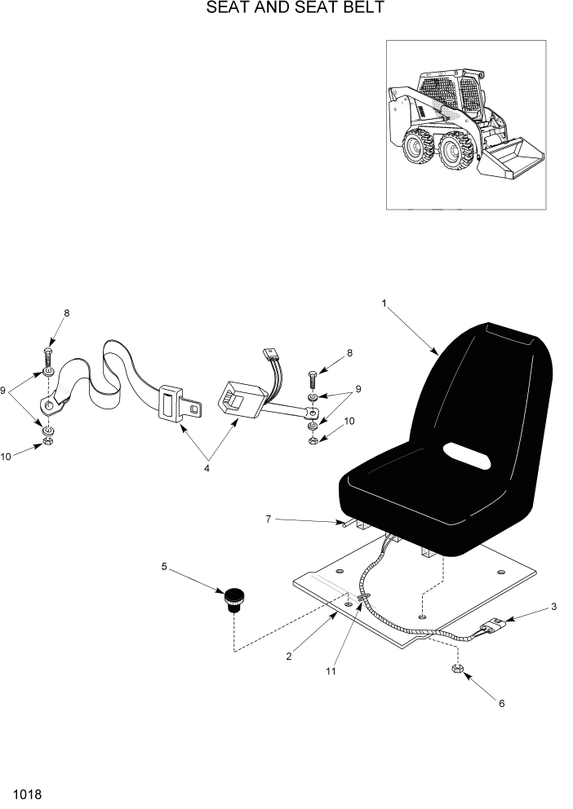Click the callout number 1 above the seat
click(x=384, y=303)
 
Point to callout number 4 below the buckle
click(x=207, y=468)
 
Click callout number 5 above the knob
click(x=165, y=565)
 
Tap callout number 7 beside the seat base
click(x=267, y=518)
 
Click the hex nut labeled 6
click(x=458, y=670)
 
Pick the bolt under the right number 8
click(x=312, y=379)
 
